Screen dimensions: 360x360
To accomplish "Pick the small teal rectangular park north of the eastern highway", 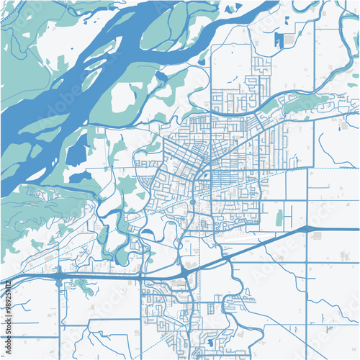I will pos(279,217).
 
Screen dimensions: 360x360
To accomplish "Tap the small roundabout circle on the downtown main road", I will pos(192,202).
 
